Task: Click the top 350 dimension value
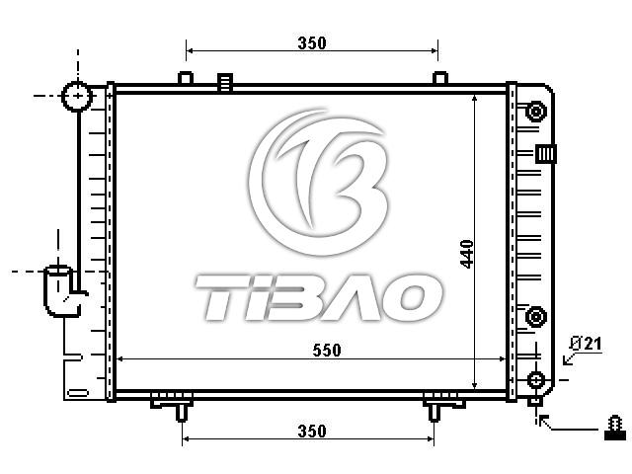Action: [312, 42]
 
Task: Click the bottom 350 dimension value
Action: [312, 431]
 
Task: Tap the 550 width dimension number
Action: [327, 350]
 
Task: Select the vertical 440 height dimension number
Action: [467, 254]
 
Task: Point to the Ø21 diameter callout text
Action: [586, 344]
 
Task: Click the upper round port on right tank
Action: [535, 111]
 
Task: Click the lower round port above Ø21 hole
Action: [535, 316]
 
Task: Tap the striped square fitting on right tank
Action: [546, 154]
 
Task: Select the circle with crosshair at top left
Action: [77, 96]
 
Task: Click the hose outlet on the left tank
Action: [62, 290]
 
